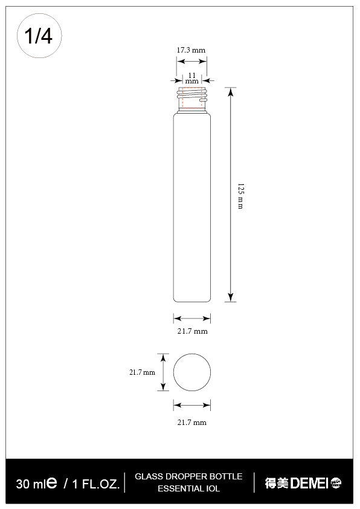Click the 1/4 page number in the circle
click(39, 36)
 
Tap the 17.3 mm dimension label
click(191, 50)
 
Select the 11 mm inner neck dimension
click(191, 78)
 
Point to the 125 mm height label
click(240, 195)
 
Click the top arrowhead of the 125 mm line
click(230, 91)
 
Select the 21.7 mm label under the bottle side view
click(192, 331)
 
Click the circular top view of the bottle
click(192, 372)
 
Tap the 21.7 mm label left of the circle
click(142, 373)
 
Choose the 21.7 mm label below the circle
click(191, 423)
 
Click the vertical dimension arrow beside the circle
click(162, 372)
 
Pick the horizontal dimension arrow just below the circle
click(192, 405)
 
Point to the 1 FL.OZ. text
click(95, 484)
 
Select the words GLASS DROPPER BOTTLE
click(188, 476)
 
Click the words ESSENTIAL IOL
click(188, 488)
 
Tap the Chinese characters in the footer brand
click(277, 483)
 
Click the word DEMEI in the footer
click(309, 483)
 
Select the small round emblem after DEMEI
click(336, 483)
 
